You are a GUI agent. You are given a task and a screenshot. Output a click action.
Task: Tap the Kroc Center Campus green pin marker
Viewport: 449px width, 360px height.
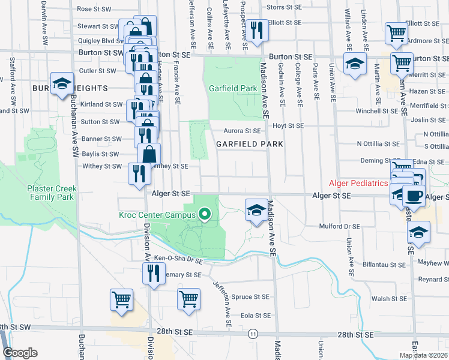click(205, 214)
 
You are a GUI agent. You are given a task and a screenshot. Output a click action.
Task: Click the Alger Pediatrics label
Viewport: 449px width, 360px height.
click(357, 183)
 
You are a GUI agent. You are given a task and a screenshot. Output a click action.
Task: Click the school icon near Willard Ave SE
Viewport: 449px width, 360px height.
click(355, 64)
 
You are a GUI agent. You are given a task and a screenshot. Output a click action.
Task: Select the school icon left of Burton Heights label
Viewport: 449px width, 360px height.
click(62, 85)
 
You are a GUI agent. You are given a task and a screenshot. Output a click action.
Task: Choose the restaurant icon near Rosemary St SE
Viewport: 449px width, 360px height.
click(151, 274)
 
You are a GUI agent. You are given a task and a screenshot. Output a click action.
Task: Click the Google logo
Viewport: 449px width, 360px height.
click(20, 353)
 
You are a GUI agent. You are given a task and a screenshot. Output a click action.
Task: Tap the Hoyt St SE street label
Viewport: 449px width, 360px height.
click(289, 126)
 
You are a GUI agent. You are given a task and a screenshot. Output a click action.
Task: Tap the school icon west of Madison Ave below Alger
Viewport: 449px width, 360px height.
click(256, 211)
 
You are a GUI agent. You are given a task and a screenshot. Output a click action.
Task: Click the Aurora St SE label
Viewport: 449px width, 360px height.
click(243, 131)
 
